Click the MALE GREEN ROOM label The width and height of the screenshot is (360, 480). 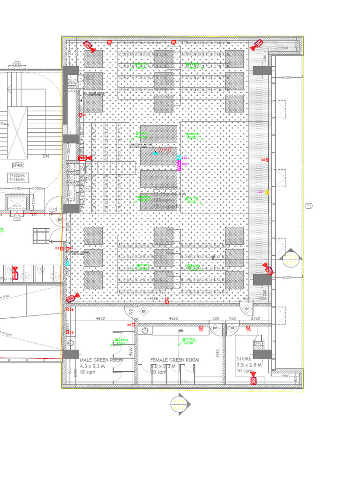point(101,360)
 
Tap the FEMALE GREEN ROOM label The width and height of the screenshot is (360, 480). point(174,360)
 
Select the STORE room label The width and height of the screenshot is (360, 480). point(244,358)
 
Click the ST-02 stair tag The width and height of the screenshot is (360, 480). point(18,165)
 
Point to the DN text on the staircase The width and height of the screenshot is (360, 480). point(46,156)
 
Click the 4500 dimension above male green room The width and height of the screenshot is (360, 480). point(100,319)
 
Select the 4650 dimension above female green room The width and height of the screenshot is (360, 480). point(173,319)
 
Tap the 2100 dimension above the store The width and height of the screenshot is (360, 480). point(255,319)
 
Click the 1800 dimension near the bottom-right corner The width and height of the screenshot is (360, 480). point(285,376)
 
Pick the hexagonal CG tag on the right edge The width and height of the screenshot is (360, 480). point(308,205)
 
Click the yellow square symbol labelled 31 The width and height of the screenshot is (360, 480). point(267,192)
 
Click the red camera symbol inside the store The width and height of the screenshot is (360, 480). point(254,380)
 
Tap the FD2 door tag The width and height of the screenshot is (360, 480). point(53,209)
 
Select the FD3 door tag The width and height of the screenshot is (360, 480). point(17,218)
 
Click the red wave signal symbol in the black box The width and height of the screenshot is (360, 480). point(165,150)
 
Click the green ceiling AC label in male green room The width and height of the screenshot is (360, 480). point(121,341)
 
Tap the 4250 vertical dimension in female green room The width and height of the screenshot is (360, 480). point(217,352)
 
